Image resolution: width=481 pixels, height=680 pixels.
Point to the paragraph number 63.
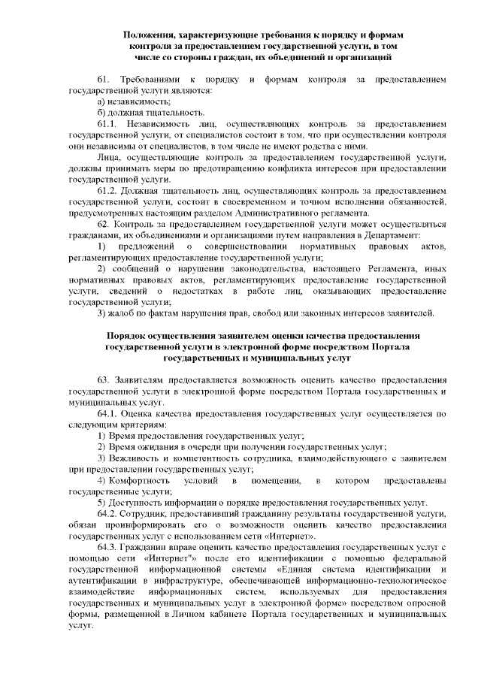104,380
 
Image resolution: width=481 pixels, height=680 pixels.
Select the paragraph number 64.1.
109,414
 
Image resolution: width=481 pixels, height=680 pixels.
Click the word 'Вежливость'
135,458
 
